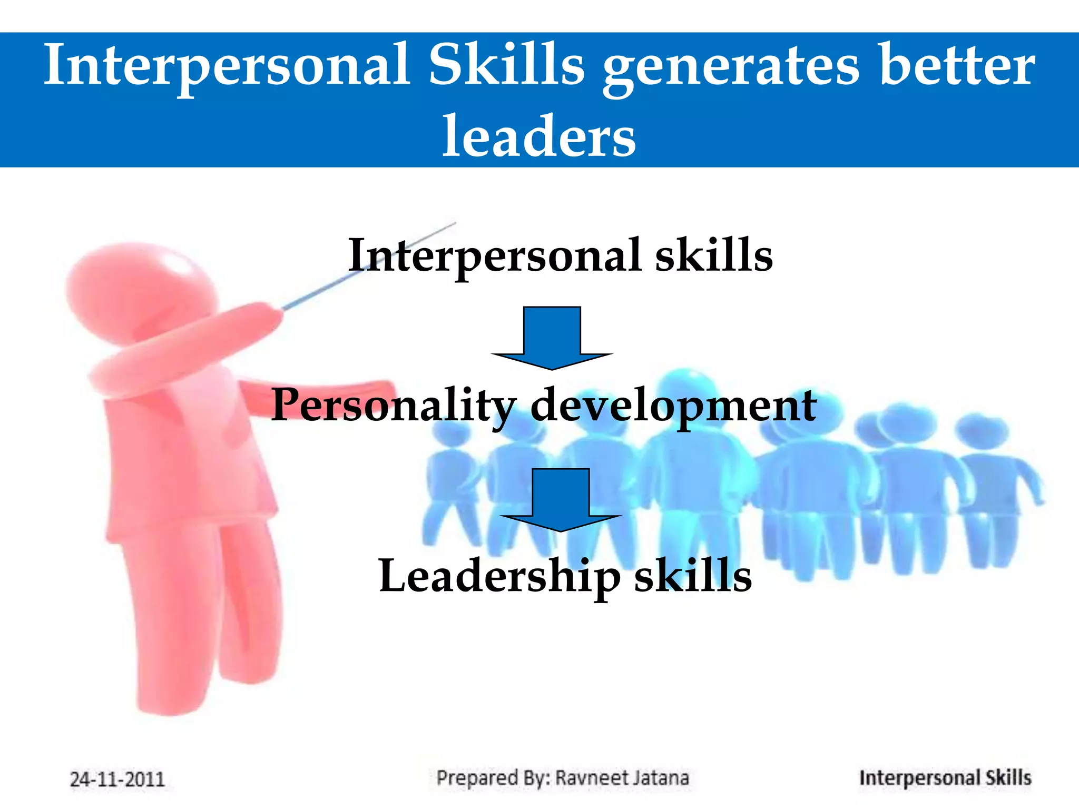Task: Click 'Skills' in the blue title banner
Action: click(x=506, y=66)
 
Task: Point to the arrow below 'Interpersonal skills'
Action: click(x=552, y=338)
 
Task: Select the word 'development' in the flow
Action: click(x=673, y=406)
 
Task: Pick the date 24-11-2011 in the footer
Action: click(x=117, y=779)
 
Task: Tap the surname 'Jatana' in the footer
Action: click(x=661, y=778)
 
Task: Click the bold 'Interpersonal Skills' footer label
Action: click(x=945, y=778)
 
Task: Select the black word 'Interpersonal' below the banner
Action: click(x=494, y=255)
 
